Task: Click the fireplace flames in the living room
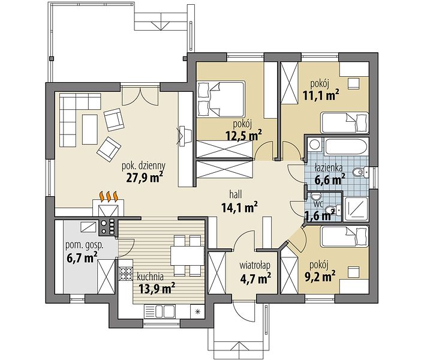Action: click(109, 196)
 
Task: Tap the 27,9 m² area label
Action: click(144, 178)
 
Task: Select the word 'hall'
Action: click(235, 194)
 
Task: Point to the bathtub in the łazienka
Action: click(346, 147)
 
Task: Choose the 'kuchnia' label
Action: click(150, 277)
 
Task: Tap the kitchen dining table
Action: click(187, 256)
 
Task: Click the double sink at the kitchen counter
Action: click(160, 311)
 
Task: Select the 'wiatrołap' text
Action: click(255, 266)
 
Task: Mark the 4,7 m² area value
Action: click(255, 278)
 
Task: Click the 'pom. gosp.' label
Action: click(85, 245)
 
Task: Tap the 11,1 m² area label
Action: click(321, 96)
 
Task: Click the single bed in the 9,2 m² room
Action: click(344, 236)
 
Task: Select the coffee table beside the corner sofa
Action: click(90, 129)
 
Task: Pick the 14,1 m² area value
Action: click(239, 208)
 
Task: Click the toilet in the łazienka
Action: click(360, 172)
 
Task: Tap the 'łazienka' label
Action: click(329, 167)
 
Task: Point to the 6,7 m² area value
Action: click(82, 258)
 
